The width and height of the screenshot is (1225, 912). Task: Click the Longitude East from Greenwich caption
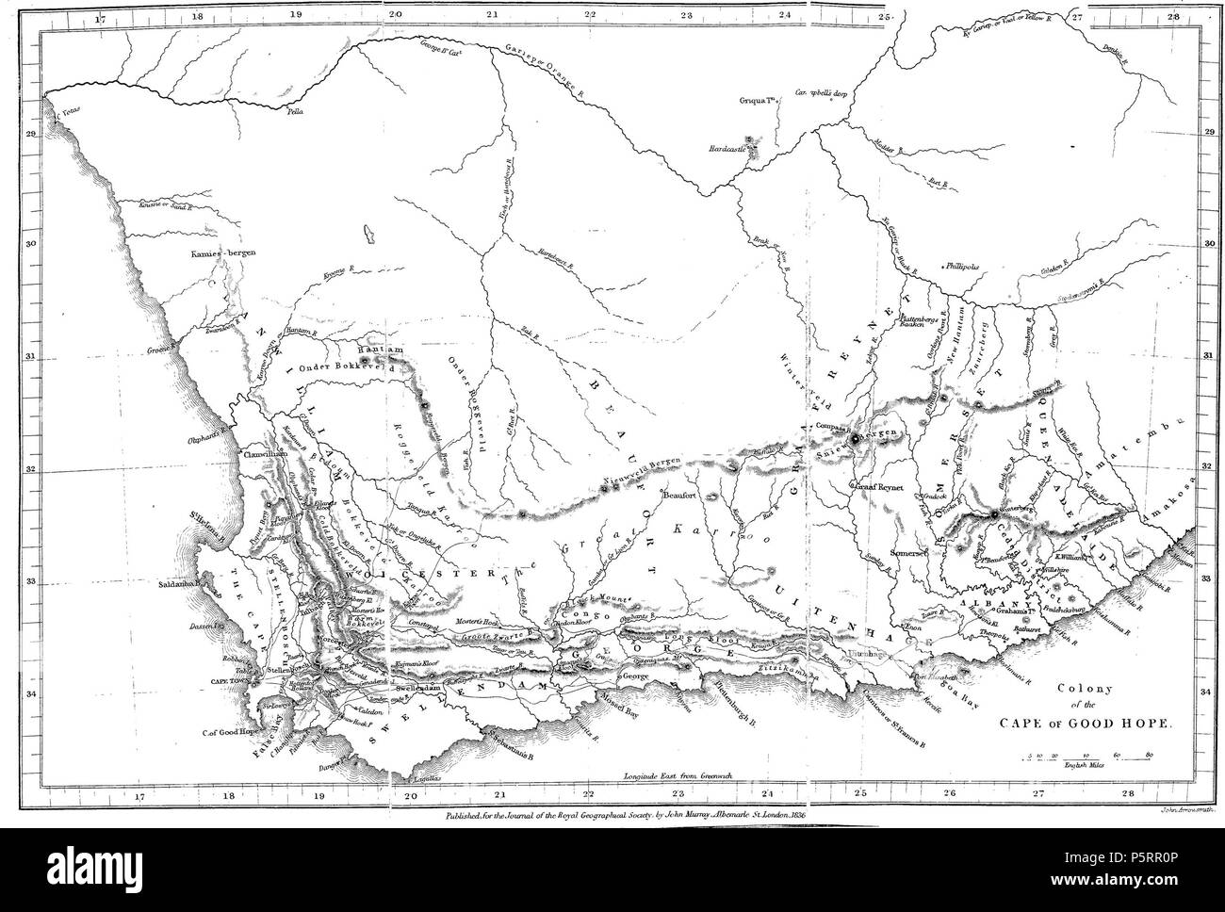click(678, 774)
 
